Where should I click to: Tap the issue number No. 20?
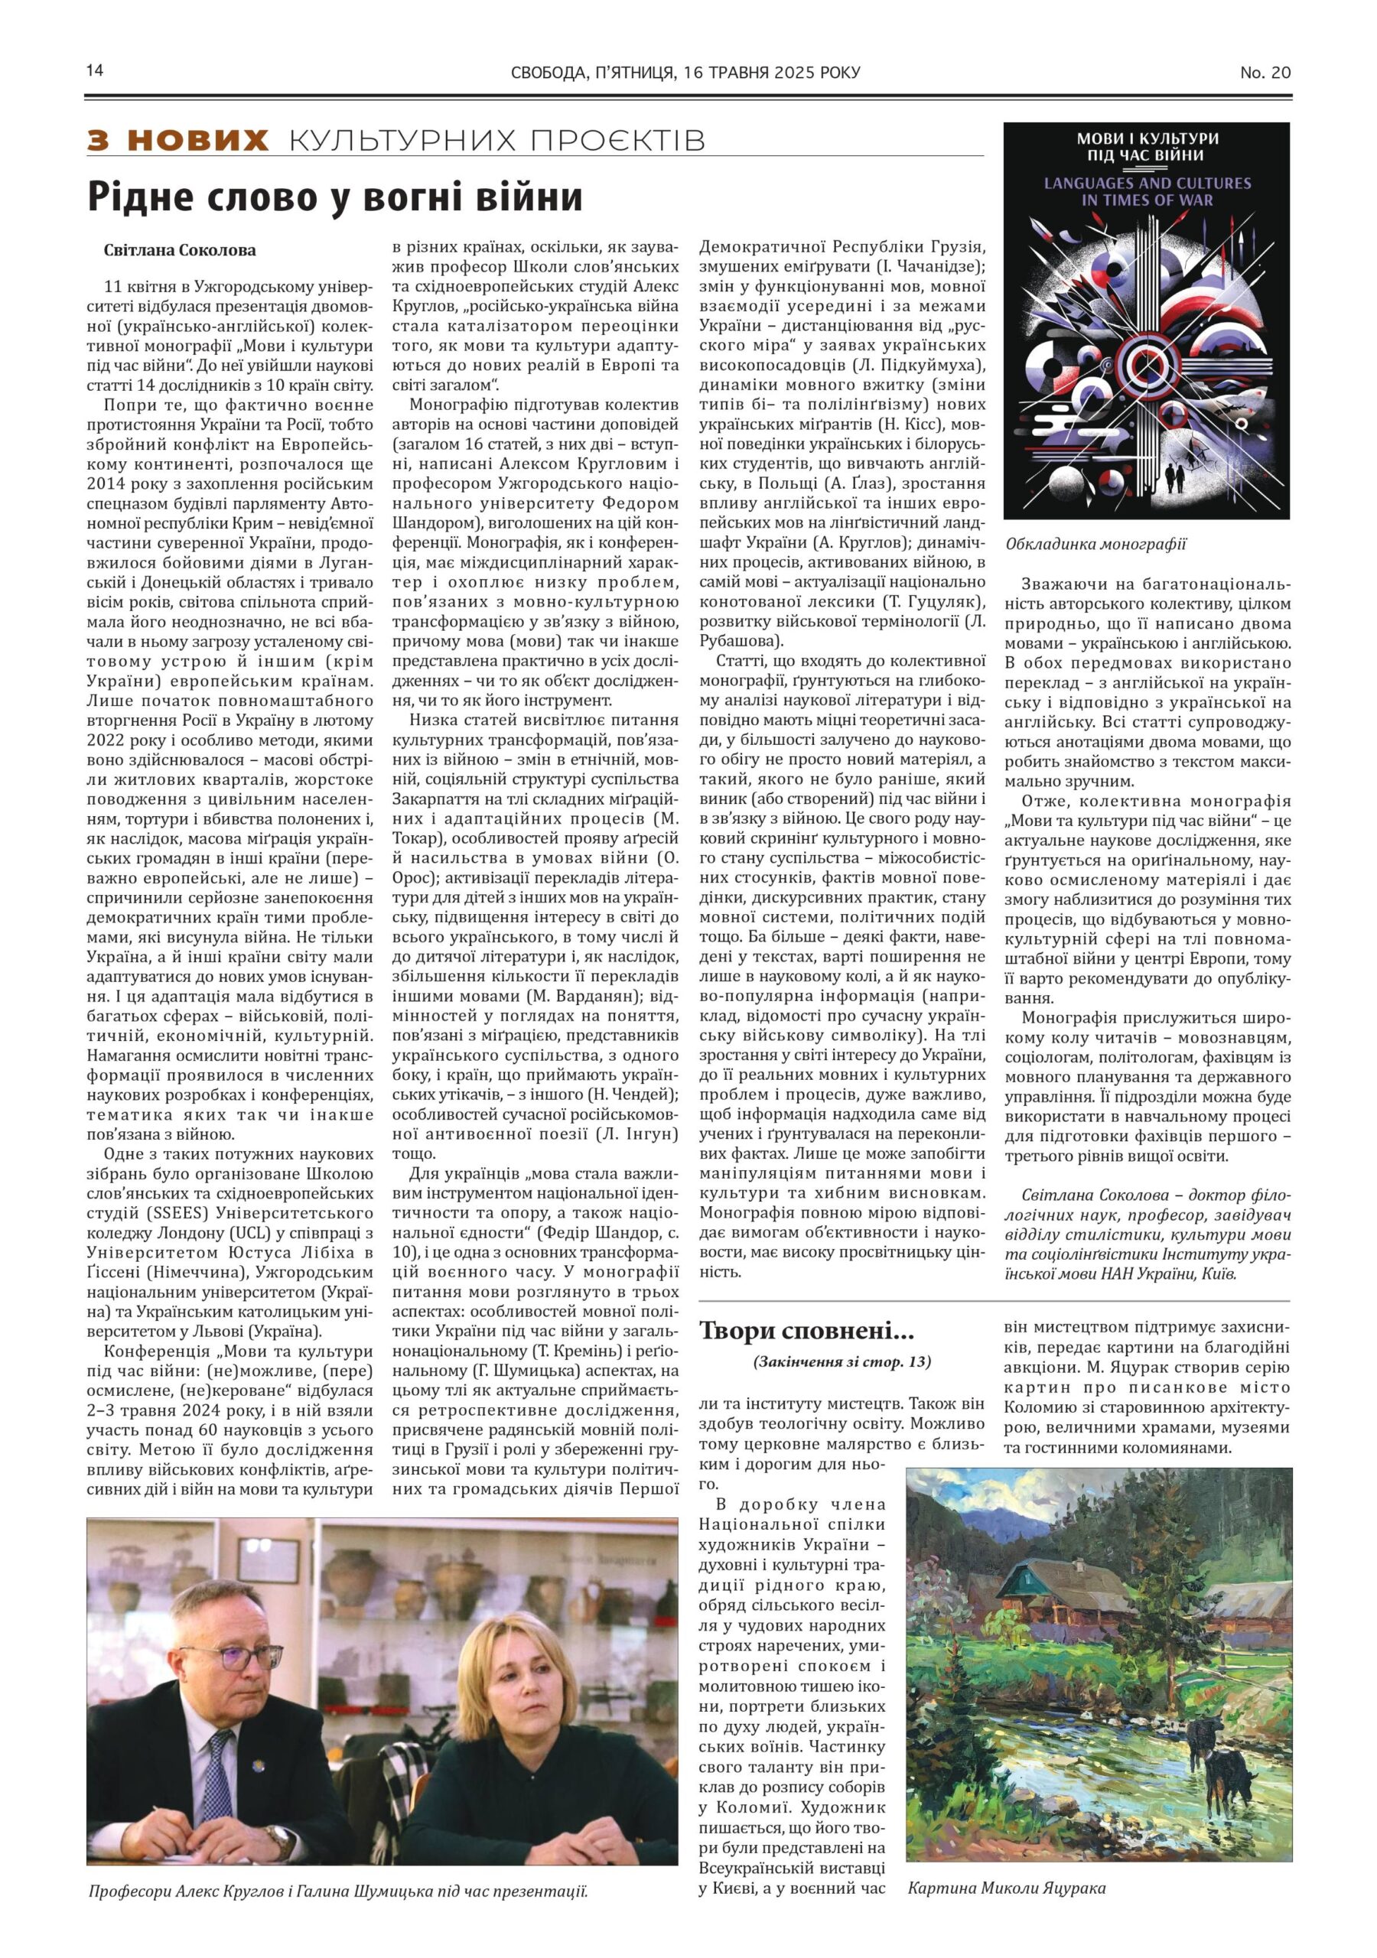[1265, 73]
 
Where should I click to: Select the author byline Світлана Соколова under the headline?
[179, 251]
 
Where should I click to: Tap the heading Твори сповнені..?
[793, 1329]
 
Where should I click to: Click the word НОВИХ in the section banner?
[200, 140]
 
